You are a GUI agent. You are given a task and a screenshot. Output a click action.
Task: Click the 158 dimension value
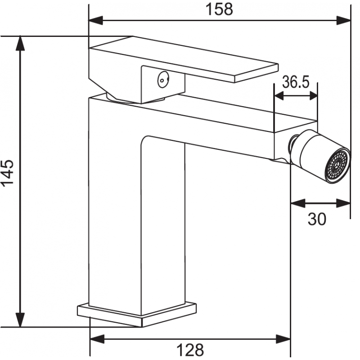pos(219,9)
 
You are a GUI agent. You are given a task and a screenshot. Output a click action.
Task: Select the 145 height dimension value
pos(8,173)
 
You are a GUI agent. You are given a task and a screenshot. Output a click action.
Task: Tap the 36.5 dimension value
pos(296,82)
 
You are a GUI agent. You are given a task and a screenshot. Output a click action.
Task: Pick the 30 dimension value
pos(317,219)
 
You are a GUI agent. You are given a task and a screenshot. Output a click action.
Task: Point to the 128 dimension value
pos(190,350)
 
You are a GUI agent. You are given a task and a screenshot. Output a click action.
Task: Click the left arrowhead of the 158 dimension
pos(96,20)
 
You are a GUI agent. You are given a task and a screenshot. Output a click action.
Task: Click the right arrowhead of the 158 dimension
pos(343,20)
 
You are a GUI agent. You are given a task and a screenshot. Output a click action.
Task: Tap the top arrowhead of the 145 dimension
pos(20,43)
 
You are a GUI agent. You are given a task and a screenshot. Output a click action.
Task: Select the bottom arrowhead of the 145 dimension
pos(20,319)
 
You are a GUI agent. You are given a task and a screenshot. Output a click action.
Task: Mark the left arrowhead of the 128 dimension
pos(97,339)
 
